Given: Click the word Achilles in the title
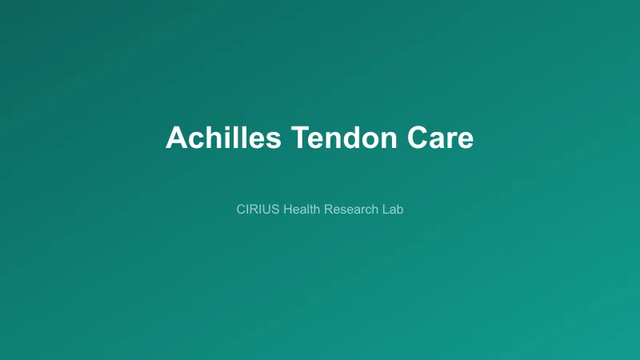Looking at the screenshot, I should click(x=223, y=138).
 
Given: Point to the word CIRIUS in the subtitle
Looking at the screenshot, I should click(x=258, y=210).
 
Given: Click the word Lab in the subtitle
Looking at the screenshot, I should click(x=393, y=210).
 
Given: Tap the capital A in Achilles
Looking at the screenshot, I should click(x=176, y=138).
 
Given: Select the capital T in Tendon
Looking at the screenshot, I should click(x=298, y=138).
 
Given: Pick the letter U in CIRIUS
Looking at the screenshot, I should click(x=267, y=210).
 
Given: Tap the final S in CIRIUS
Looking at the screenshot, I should click(x=275, y=210).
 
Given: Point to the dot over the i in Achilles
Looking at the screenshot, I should click(x=232, y=127).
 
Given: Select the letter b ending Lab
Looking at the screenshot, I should click(x=400, y=210).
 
